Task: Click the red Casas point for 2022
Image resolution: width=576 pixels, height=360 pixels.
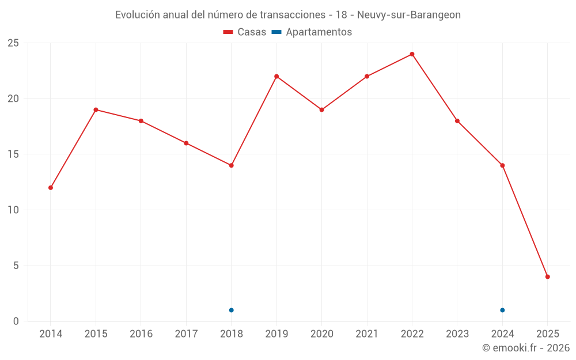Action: click(412, 54)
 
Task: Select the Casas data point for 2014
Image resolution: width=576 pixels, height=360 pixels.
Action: click(51, 188)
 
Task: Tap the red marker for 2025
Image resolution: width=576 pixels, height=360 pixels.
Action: click(547, 276)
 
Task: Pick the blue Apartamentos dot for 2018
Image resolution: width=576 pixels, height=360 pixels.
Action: click(232, 310)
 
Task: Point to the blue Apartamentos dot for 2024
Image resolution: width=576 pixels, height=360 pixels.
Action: click(502, 310)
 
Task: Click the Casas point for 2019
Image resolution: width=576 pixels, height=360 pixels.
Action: click(276, 77)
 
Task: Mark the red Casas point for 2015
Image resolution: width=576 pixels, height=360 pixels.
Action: click(96, 110)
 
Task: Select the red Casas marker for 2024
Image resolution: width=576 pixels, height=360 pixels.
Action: click(502, 165)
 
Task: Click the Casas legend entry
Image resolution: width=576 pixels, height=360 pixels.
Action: click(245, 32)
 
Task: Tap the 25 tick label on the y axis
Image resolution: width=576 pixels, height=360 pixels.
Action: click(13, 43)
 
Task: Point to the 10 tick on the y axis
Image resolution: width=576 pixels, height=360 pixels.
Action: click(13, 210)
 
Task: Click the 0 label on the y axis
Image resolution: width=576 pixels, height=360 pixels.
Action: click(16, 321)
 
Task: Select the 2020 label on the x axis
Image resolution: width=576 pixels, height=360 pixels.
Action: click(321, 334)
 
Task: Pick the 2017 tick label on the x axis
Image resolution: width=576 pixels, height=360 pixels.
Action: click(186, 334)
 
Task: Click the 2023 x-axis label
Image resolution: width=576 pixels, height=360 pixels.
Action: click(457, 334)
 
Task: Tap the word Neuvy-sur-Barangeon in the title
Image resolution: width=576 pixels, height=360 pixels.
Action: click(409, 15)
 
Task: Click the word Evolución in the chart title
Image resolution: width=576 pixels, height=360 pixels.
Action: click(138, 15)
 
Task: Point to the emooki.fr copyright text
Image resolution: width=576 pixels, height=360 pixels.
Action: click(526, 348)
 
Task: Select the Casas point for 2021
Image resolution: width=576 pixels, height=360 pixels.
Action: click(367, 77)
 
